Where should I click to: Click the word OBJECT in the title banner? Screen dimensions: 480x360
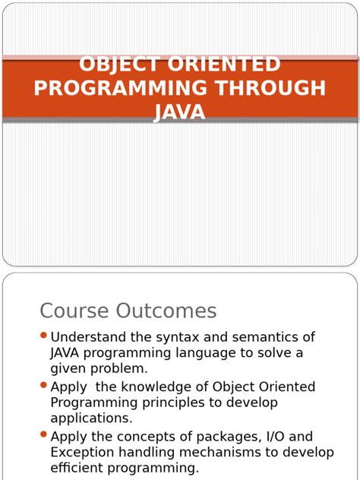coord(118,65)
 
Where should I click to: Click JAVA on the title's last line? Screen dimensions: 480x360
coord(180,112)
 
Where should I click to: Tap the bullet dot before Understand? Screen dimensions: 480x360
coord(43,336)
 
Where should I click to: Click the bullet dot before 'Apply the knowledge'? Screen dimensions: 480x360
coord(43,386)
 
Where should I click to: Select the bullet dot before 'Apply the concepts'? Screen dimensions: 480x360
coord(43,435)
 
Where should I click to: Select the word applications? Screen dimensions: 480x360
coord(91,418)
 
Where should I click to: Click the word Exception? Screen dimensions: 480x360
coord(84,453)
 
